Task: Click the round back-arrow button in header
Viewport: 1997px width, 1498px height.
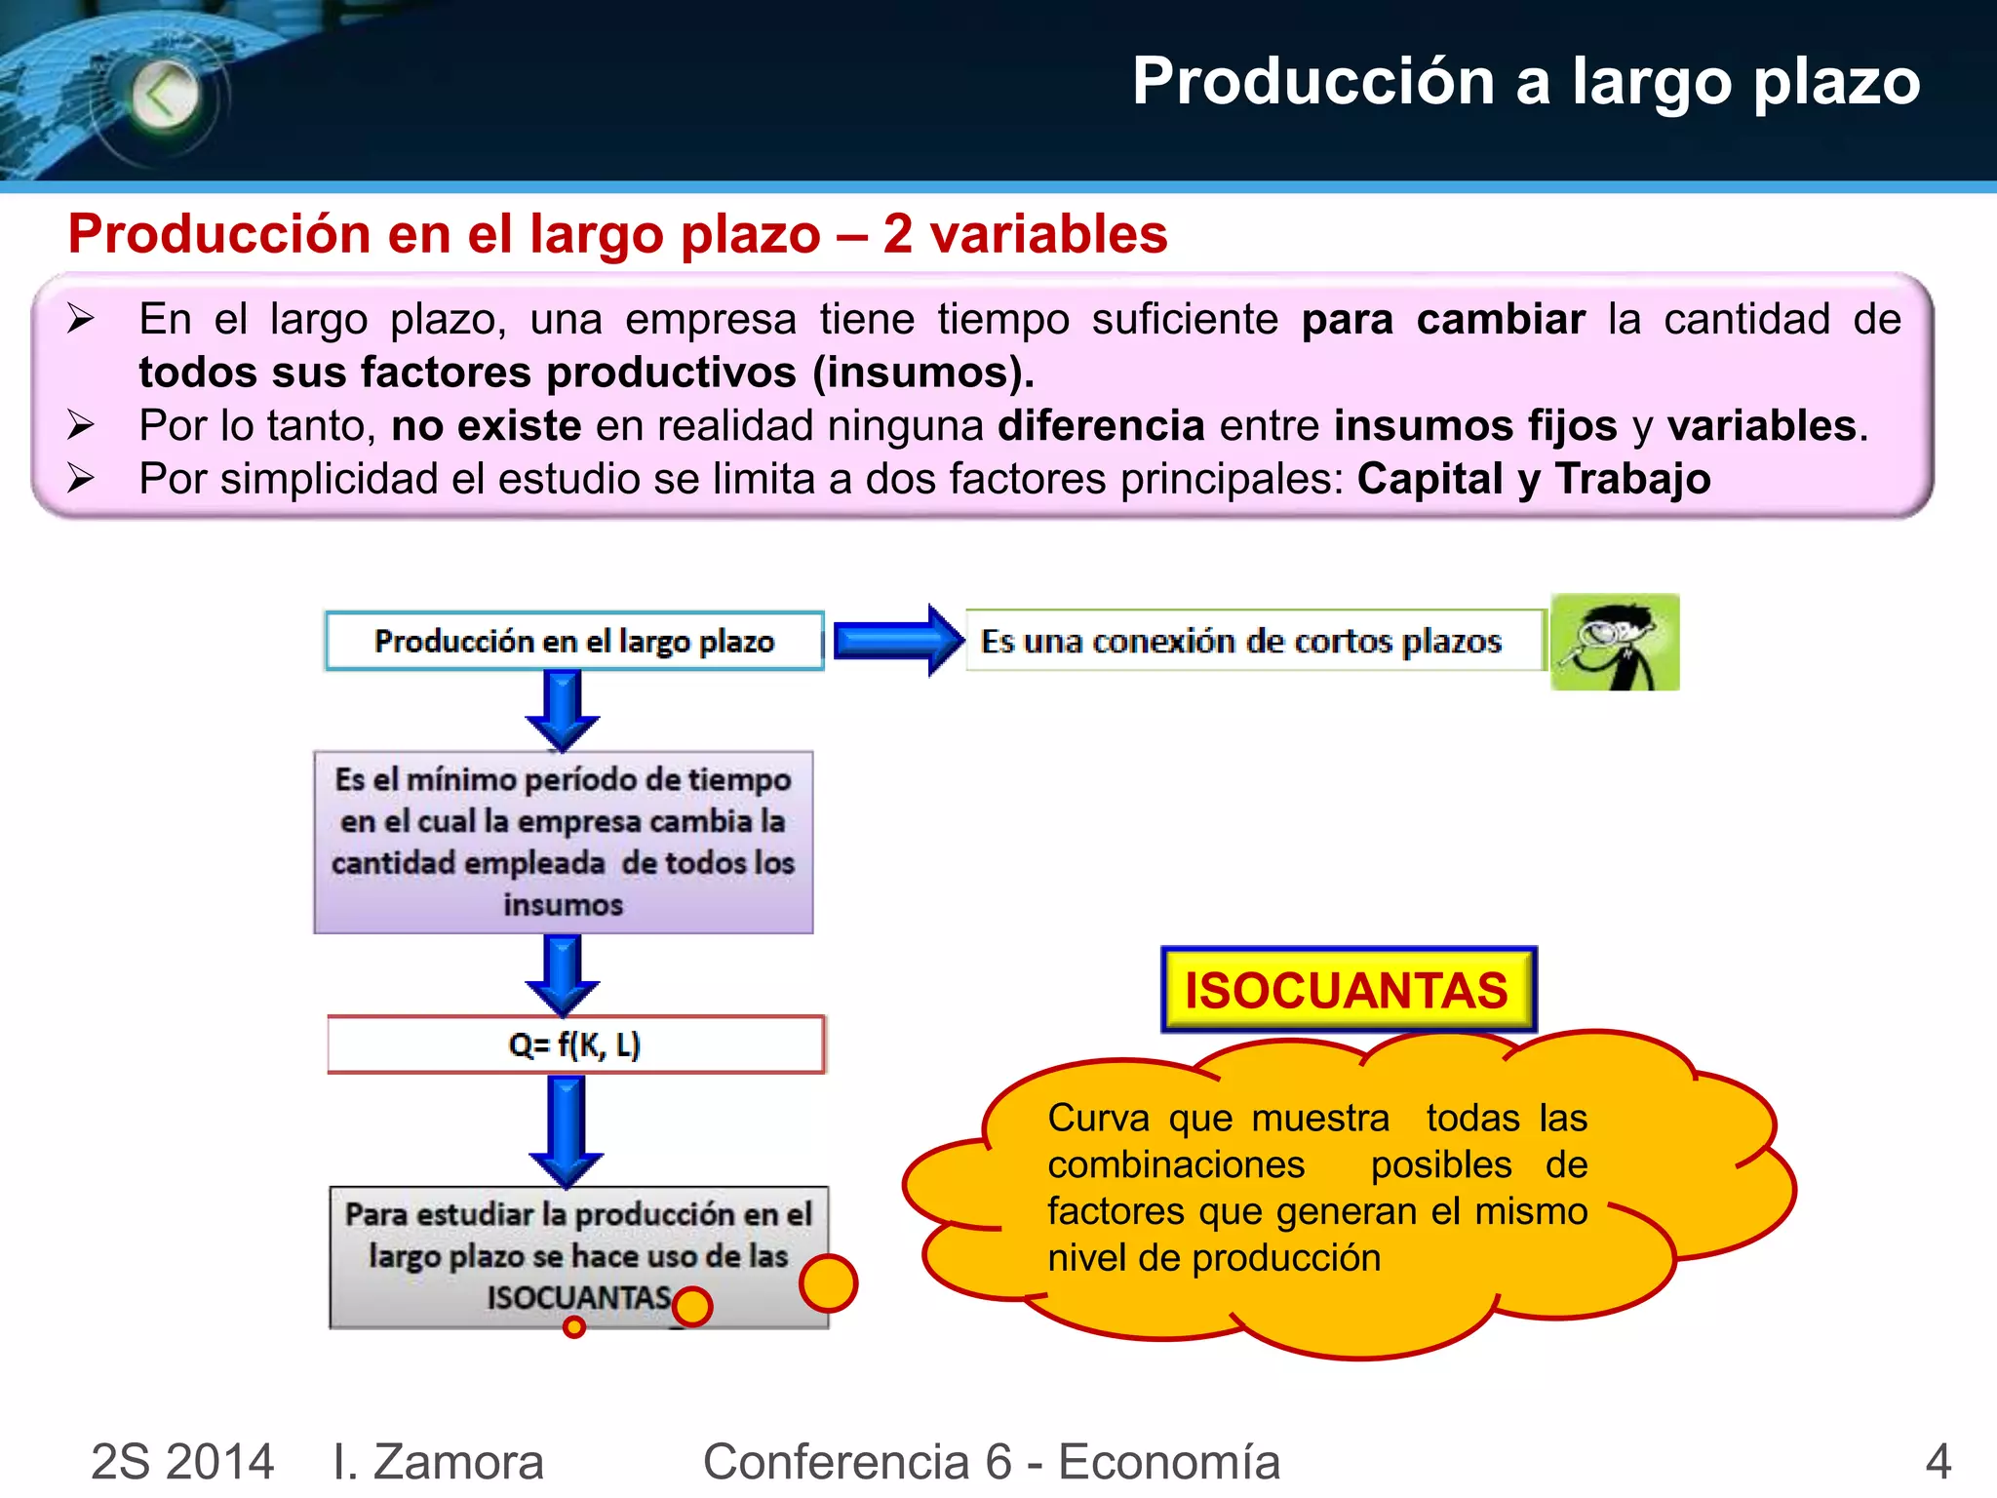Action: pyautogui.click(x=165, y=96)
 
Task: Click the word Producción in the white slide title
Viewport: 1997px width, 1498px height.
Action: pyautogui.click(x=1312, y=82)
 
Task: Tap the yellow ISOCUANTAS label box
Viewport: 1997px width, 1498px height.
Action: pyautogui.click(x=1348, y=990)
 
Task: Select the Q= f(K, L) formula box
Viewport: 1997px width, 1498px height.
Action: pyautogui.click(x=575, y=1045)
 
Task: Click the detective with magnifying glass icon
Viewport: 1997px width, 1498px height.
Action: pyautogui.click(x=1615, y=642)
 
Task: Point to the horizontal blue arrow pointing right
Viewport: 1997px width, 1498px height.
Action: pyautogui.click(x=897, y=641)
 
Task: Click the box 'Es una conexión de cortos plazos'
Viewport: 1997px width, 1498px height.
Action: pyautogui.click(x=1253, y=641)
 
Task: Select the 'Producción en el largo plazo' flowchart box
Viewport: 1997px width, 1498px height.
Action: pyautogui.click(x=574, y=641)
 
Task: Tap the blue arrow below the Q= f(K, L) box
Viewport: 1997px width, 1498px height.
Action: pyautogui.click(x=567, y=1129)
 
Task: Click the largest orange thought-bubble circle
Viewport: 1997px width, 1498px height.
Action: pyautogui.click(x=828, y=1283)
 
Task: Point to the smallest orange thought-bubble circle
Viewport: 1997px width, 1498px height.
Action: pyautogui.click(x=574, y=1326)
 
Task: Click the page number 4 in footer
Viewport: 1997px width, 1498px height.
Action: pyautogui.click(x=1938, y=1462)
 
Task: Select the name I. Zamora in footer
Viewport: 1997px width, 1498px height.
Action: pyautogui.click(x=438, y=1462)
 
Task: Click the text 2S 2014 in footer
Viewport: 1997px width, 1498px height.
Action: pyautogui.click(x=182, y=1462)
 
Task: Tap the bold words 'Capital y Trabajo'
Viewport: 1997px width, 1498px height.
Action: pyautogui.click(x=1533, y=479)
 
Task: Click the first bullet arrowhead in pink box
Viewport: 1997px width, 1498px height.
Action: pyautogui.click(x=81, y=319)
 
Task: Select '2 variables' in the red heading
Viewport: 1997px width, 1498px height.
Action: pyautogui.click(x=1025, y=234)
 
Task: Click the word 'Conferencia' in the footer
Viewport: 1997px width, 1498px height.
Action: pyautogui.click(x=837, y=1462)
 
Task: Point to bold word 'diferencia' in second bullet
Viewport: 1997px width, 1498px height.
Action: pyautogui.click(x=1101, y=426)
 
